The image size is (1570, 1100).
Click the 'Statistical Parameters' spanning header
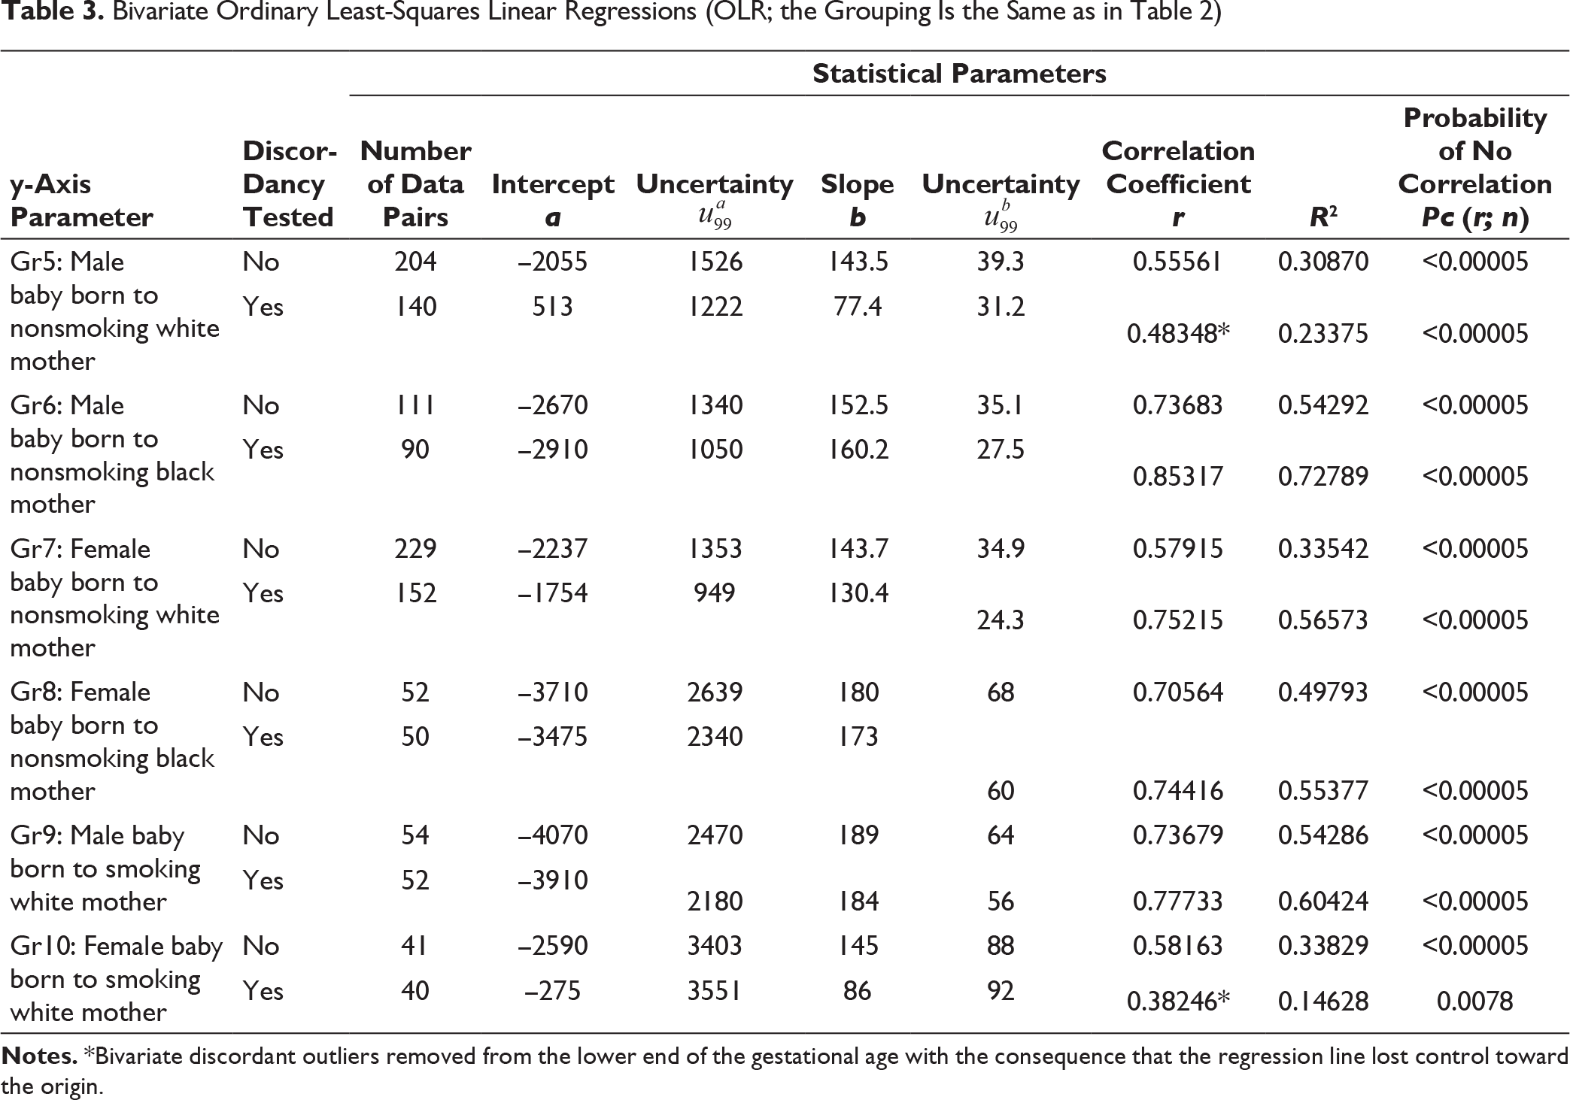pos(959,74)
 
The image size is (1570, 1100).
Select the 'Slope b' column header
pos(858,200)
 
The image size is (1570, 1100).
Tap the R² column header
pos(1323,217)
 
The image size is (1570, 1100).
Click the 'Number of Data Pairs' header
pos(415,183)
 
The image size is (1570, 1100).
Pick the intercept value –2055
pos(553,262)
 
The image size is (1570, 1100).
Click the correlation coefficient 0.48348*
pos(1178,333)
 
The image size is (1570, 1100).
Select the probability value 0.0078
pos(1474,1001)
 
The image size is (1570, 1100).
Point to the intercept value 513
pos(553,306)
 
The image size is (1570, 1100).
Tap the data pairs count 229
pos(415,548)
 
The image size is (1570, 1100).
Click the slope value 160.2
pos(858,450)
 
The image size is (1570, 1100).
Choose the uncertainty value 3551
pos(715,990)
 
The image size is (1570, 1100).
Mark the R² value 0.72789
pos(1323,476)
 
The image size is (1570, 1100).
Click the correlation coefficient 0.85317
pos(1178,476)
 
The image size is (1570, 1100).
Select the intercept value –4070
pos(553,835)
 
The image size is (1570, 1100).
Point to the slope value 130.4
pos(858,593)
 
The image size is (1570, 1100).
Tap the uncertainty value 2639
pos(715,692)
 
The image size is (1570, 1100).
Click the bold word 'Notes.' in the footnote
pos(40,1056)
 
